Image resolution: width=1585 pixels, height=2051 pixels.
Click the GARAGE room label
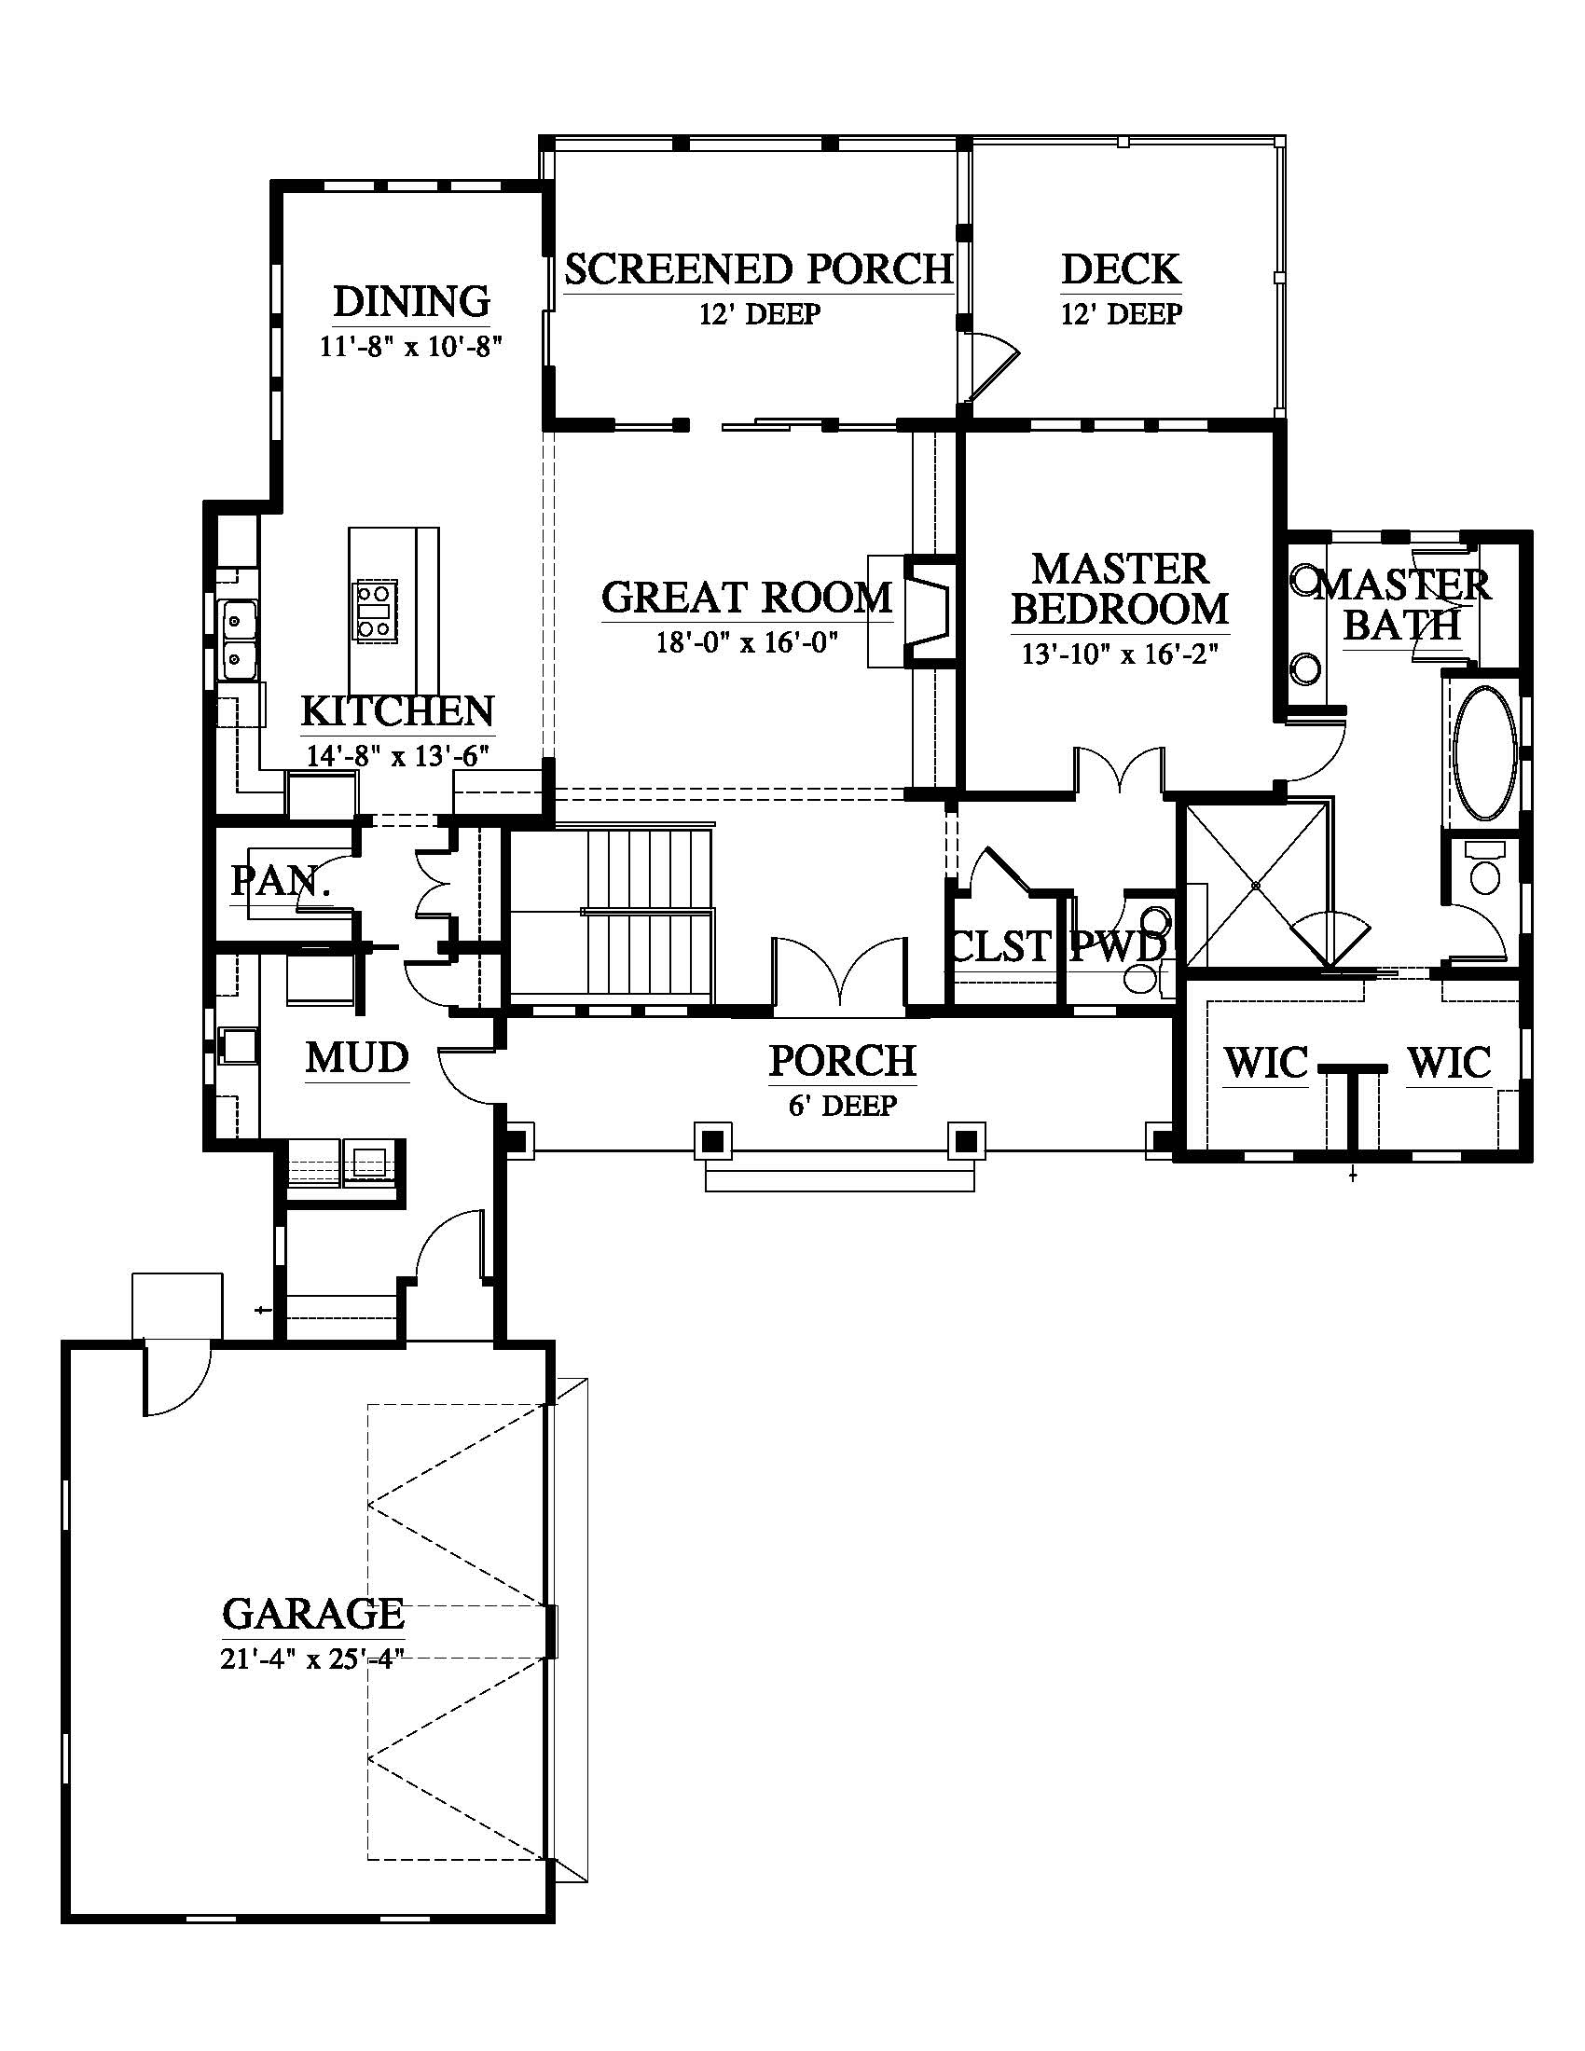[313, 1614]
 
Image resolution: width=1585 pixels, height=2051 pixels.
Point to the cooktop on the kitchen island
[375, 611]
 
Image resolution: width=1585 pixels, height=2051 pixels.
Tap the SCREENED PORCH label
[759, 268]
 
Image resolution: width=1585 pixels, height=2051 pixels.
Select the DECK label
[1121, 268]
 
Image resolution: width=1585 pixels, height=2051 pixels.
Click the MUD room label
[358, 1057]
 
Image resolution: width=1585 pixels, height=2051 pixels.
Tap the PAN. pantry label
[281, 880]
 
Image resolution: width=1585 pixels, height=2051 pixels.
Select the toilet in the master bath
[1484, 870]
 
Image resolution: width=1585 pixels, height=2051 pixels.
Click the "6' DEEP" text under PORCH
[842, 1107]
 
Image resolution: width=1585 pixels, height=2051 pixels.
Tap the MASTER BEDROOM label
[1119, 589]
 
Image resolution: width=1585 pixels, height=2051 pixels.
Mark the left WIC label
[1266, 1063]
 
